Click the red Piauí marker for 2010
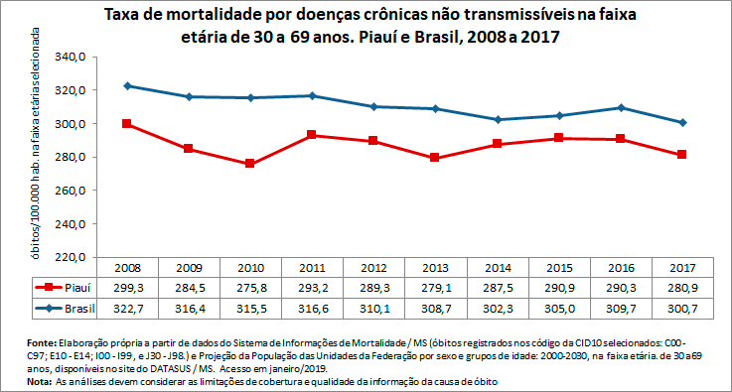[x=249, y=164]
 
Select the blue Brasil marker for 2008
[x=128, y=85]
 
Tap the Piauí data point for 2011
[x=311, y=135]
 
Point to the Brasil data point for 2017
[x=681, y=122]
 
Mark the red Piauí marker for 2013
[x=434, y=158]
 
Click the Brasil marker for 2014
[x=497, y=119]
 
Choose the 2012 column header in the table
[x=373, y=268]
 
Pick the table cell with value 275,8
[x=250, y=288]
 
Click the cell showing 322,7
[x=128, y=309]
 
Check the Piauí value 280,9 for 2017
[x=681, y=288]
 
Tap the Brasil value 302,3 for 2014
[x=497, y=309]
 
